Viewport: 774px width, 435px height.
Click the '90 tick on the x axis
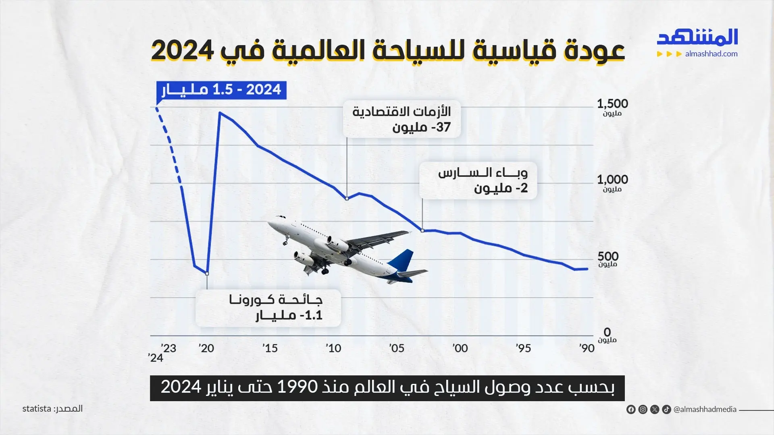[587, 348]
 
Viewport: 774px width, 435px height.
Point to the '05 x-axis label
[396, 348]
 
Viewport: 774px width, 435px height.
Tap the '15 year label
[270, 348]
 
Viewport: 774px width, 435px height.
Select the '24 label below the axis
[155, 358]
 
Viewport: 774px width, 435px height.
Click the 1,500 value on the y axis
[612, 104]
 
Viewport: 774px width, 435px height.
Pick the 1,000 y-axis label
[612, 180]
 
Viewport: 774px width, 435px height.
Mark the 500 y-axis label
[608, 256]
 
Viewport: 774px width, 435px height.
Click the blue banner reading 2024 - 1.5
[221, 90]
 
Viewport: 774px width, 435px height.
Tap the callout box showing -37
[402, 119]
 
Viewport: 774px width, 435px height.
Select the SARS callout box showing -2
[478, 180]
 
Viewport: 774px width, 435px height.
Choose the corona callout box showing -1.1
[268, 308]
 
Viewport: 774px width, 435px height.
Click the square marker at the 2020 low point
[207, 273]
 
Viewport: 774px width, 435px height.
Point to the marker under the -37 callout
[347, 199]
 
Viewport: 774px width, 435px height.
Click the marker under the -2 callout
[422, 231]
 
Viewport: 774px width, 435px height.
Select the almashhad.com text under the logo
[711, 54]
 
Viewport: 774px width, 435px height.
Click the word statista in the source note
[37, 409]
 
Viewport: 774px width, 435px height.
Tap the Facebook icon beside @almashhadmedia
[631, 410]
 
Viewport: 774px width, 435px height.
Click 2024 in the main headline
[182, 51]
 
